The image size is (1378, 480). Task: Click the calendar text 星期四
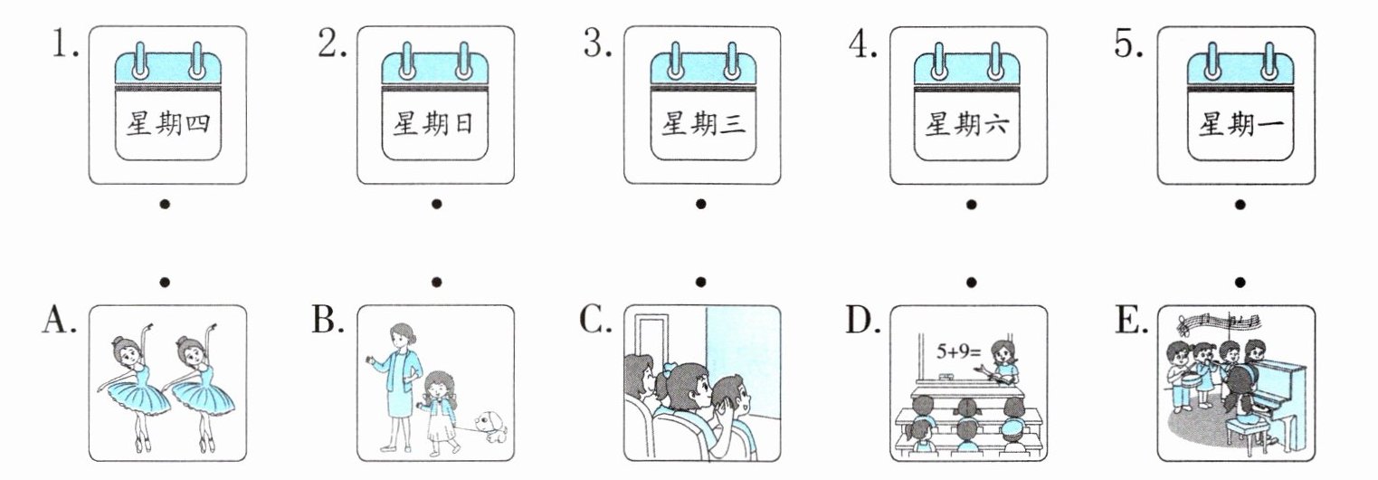click(168, 124)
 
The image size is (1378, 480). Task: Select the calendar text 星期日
click(433, 124)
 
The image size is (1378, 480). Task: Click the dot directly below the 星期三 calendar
click(700, 204)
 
